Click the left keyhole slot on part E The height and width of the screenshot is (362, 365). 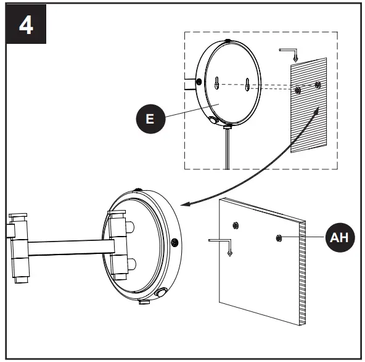tap(218, 82)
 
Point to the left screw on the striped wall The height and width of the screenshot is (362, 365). tap(298, 90)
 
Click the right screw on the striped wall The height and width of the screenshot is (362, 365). tap(318, 83)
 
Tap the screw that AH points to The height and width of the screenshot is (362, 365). tap(280, 237)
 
